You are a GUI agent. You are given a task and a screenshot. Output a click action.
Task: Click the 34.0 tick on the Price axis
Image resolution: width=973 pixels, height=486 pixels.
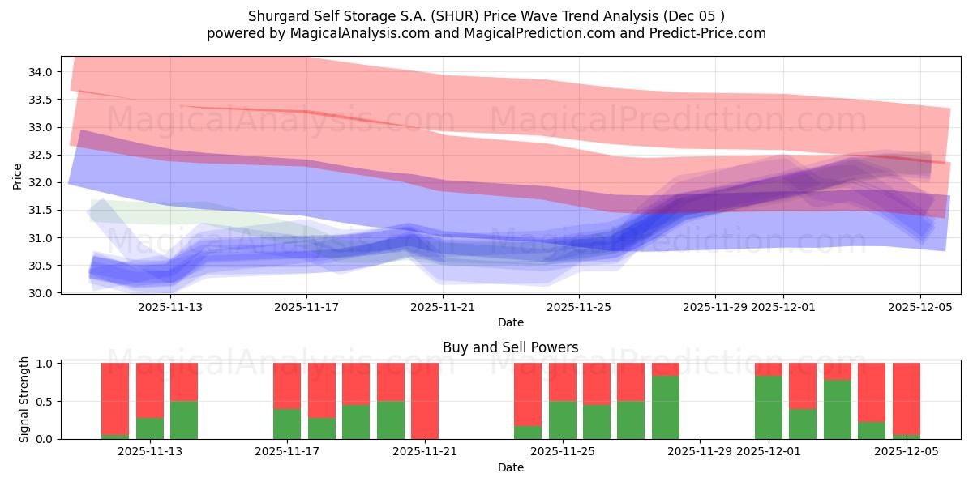(x=41, y=72)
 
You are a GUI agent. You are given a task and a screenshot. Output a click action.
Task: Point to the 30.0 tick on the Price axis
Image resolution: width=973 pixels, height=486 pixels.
(x=41, y=293)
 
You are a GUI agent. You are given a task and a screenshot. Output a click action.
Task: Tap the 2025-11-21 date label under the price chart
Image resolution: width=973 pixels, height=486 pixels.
(x=443, y=307)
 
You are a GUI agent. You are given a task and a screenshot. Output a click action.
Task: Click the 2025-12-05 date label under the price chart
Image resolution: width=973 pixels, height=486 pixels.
(x=919, y=307)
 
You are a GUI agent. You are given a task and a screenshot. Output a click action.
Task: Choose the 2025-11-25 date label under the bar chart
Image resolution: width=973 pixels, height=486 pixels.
(x=562, y=452)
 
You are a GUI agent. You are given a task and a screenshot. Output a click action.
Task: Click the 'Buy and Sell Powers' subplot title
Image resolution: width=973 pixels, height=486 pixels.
(x=510, y=347)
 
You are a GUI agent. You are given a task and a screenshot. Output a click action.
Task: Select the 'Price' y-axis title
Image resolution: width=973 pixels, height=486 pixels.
(x=18, y=176)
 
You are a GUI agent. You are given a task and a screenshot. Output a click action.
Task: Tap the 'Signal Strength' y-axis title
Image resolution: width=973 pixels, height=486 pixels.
(x=24, y=400)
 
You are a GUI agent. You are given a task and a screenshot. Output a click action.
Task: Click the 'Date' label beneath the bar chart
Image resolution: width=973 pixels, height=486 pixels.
(x=510, y=467)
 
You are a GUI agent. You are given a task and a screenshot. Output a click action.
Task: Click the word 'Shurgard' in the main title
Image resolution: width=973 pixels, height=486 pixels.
(x=276, y=16)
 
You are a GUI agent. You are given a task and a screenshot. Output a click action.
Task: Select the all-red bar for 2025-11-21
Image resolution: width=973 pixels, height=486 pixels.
(x=425, y=401)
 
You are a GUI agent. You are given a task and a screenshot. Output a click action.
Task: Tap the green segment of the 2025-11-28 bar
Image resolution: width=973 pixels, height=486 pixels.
(x=666, y=407)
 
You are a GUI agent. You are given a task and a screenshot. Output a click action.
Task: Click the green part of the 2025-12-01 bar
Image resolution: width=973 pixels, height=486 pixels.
(x=769, y=407)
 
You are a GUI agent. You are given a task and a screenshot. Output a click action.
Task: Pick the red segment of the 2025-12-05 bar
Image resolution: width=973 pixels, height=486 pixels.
(x=907, y=399)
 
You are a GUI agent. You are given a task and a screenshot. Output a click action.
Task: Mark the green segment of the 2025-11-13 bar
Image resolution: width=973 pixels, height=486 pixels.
(x=184, y=420)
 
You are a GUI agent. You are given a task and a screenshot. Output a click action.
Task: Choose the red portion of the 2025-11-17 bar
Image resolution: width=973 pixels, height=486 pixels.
(x=287, y=386)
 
